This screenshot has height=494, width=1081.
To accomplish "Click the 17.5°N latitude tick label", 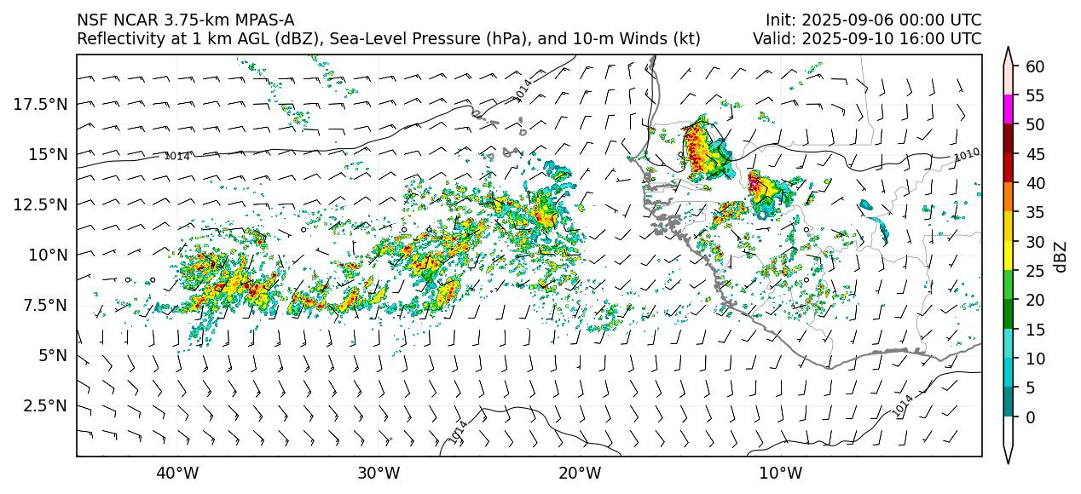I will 40,104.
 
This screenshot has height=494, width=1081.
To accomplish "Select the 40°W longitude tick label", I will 177,473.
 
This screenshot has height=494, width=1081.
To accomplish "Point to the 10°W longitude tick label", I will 780,473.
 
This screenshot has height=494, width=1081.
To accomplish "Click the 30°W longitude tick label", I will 379,473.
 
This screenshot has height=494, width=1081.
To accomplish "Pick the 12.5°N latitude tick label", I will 40,204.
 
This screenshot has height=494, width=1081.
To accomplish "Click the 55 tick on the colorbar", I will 1035,95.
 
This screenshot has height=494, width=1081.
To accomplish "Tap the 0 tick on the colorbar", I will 1030,417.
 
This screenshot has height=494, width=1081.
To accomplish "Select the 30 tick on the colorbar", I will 1035,242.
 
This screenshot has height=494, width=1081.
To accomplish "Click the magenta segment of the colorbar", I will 1009,109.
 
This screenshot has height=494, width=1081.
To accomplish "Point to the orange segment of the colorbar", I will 1009,197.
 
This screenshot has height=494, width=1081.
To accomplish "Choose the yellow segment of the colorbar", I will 1009,256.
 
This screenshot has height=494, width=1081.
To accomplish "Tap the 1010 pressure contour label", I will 967,154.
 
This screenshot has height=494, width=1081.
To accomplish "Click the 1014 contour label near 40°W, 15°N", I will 176,156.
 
